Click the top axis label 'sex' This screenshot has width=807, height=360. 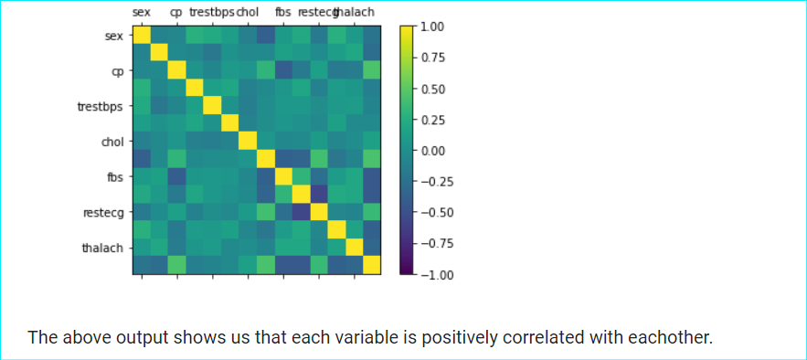tap(142, 13)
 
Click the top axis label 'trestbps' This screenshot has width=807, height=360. tap(211, 13)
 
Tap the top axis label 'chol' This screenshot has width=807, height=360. tap(248, 13)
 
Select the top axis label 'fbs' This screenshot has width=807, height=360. tap(283, 13)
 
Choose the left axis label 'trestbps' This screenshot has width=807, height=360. tap(101, 107)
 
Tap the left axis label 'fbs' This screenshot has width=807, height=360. tap(114, 176)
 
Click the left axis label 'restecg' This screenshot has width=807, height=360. tap(103, 212)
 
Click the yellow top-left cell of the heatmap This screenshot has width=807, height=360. tap(142, 36)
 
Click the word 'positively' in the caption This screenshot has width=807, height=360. tap(454, 337)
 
